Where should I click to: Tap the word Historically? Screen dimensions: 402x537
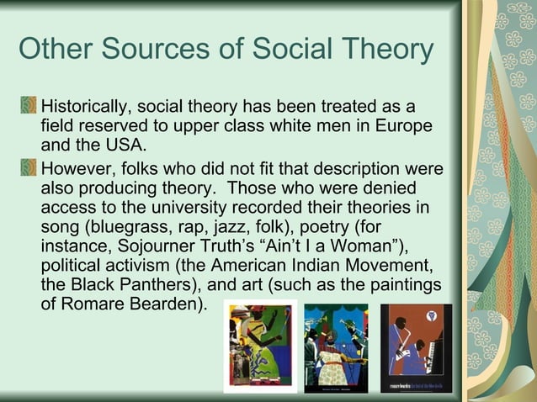click(86, 108)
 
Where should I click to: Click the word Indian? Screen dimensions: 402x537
click(311, 265)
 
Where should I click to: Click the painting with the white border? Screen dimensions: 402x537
click(260, 346)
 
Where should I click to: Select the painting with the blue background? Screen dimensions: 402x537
click(336, 347)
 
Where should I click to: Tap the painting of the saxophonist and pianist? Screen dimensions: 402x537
click(416, 347)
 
